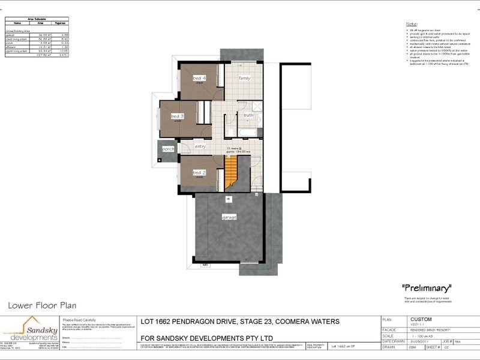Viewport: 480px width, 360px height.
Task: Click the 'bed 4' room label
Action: pos(199,78)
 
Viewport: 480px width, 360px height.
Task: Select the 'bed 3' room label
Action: pos(177,116)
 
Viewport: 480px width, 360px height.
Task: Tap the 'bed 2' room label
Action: pos(199,172)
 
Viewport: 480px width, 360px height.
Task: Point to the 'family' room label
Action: pos(245,78)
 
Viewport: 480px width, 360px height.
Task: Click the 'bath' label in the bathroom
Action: pos(248,115)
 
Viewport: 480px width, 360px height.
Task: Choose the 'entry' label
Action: pos(201,146)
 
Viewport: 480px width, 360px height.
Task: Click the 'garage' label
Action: pos(229,217)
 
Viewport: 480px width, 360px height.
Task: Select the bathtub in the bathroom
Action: pos(248,131)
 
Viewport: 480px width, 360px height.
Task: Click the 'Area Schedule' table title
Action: pos(38,19)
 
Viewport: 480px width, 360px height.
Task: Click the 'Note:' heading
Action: pos(412,23)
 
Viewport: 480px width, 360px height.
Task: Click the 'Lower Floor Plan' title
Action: pos(42,305)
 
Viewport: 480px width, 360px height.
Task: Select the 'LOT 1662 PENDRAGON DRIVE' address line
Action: pos(239,322)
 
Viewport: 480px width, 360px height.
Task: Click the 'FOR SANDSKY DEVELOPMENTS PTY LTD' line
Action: pos(206,338)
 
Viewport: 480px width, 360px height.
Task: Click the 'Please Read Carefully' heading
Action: pos(79,320)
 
